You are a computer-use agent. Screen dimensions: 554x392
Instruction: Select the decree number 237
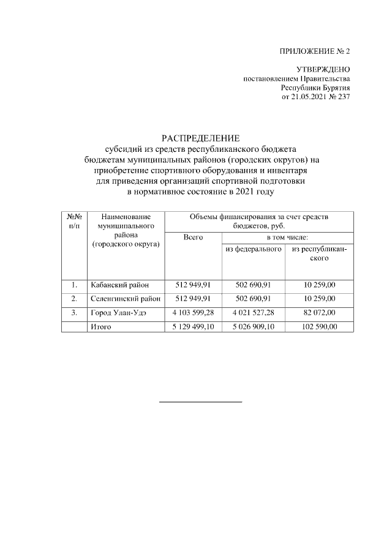click(344, 97)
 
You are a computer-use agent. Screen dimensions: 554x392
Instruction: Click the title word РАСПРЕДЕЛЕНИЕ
click(200, 138)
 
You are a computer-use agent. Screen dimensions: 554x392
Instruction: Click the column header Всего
click(193, 237)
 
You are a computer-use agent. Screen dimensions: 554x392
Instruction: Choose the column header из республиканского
click(319, 253)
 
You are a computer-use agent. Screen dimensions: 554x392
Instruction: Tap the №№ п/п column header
click(74, 221)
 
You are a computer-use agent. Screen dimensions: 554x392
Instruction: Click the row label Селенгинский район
click(125, 299)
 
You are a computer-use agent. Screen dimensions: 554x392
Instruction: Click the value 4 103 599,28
click(193, 313)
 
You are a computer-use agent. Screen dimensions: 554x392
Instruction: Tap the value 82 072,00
click(319, 313)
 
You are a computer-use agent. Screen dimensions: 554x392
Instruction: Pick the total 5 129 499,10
click(193, 327)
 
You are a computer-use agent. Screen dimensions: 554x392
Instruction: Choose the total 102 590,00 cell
click(319, 327)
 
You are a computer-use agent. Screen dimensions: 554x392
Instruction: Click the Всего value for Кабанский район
click(193, 285)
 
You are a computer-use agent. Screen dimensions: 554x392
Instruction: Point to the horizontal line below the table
click(200, 402)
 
